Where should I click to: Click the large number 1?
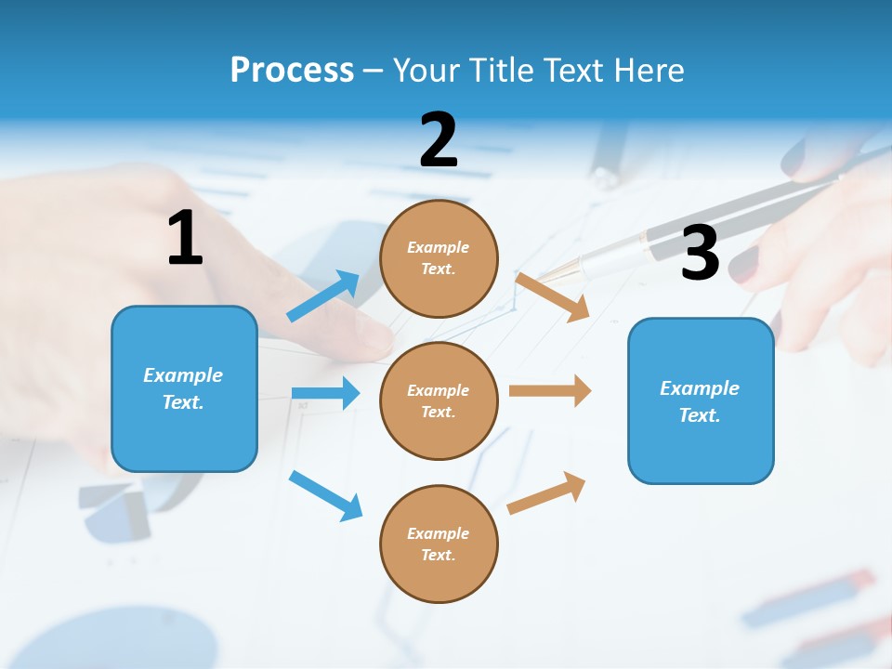[x=185, y=239]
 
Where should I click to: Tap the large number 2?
[x=439, y=140]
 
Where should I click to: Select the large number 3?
[x=700, y=253]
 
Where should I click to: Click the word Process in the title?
[x=292, y=70]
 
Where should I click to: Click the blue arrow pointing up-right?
[x=323, y=295]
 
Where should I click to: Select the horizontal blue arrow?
[x=325, y=393]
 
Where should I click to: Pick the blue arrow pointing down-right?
[x=325, y=495]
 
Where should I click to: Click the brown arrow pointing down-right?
[x=553, y=296]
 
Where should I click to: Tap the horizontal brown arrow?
[x=550, y=390]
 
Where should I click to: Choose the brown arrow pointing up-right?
[x=546, y=492]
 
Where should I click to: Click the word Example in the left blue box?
[x=183, y=375]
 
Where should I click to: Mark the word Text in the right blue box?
[x=699, y=415]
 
